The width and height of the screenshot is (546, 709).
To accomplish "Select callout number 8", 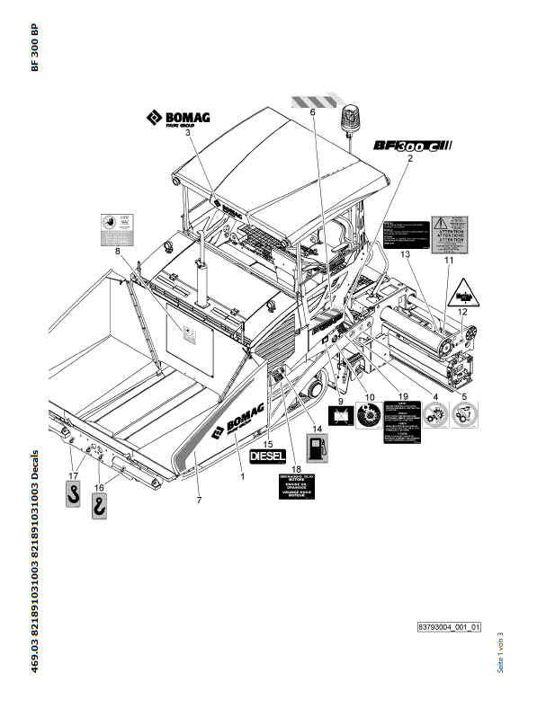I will [117, 253].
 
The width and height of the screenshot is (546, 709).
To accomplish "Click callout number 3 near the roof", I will [188, 132].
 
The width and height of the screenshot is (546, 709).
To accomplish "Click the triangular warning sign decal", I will [462, 289].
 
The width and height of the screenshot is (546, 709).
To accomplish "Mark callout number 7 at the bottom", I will [198, 500].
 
